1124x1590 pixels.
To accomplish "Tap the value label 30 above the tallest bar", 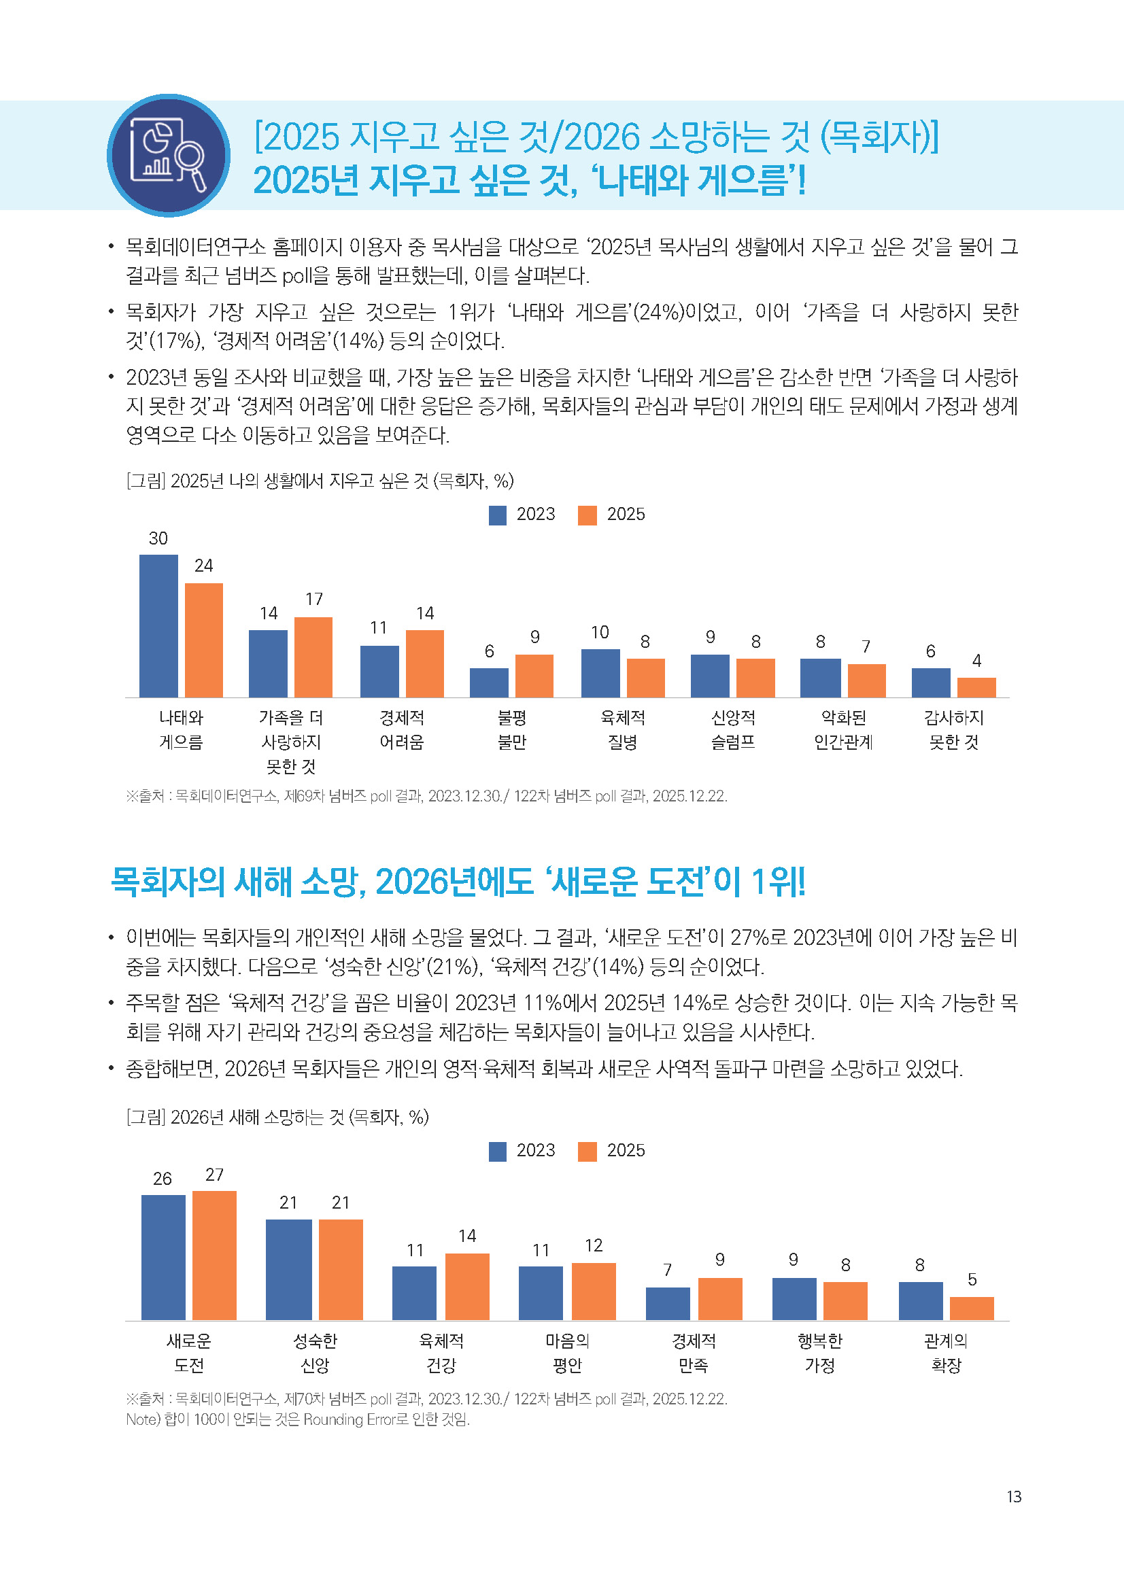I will coord(158,538).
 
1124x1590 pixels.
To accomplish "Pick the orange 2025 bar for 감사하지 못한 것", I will coord(976,687).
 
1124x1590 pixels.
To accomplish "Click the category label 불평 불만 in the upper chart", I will coord(512,729).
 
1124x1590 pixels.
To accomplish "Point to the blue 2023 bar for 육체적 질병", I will coord(600,672).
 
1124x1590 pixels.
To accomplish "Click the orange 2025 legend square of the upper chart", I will coord(587,515).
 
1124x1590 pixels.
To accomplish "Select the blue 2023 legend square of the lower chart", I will coord(497,1151).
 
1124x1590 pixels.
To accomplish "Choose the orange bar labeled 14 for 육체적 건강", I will coord(466,1286).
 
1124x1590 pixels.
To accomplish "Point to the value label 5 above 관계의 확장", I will coord(972,1279).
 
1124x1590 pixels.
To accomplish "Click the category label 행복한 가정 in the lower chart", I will coord(819,1353).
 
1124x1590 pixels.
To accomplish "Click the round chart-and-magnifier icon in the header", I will coord(168,155).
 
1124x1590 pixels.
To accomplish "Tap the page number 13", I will coord(1013,1496).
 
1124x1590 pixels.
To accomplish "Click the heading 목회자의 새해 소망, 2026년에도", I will coord(457,882).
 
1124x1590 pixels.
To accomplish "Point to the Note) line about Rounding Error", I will coord(298,1419).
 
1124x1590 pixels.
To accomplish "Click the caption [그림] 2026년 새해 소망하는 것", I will coord(277,1116).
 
